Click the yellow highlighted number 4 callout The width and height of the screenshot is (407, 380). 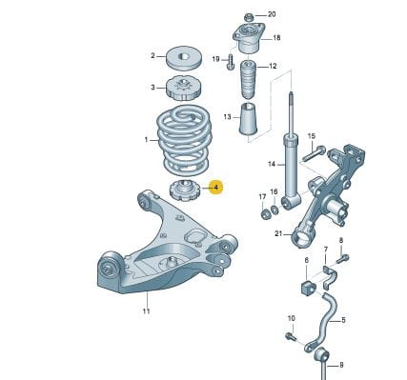click(216, 188)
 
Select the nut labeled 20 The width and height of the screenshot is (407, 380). click(248, 17)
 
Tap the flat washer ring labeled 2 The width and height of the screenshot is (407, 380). click(184, 58)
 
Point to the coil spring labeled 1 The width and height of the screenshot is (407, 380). click(184, 141)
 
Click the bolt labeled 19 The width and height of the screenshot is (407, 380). click(231, 62)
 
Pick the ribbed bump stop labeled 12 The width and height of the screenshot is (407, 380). click(248, 79)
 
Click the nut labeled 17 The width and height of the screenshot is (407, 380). click(264, 215)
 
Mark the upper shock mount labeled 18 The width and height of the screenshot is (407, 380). click(249, 38)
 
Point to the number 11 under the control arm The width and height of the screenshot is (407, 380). click(146, 311)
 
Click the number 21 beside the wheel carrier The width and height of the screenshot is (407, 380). click(278, 234)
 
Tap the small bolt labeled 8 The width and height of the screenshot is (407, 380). click(342, 258)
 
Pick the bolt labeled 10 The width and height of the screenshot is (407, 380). click(291, 336)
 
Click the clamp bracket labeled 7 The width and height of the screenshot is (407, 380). click(328, 277)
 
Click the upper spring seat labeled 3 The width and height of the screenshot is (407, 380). click(184, 89)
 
